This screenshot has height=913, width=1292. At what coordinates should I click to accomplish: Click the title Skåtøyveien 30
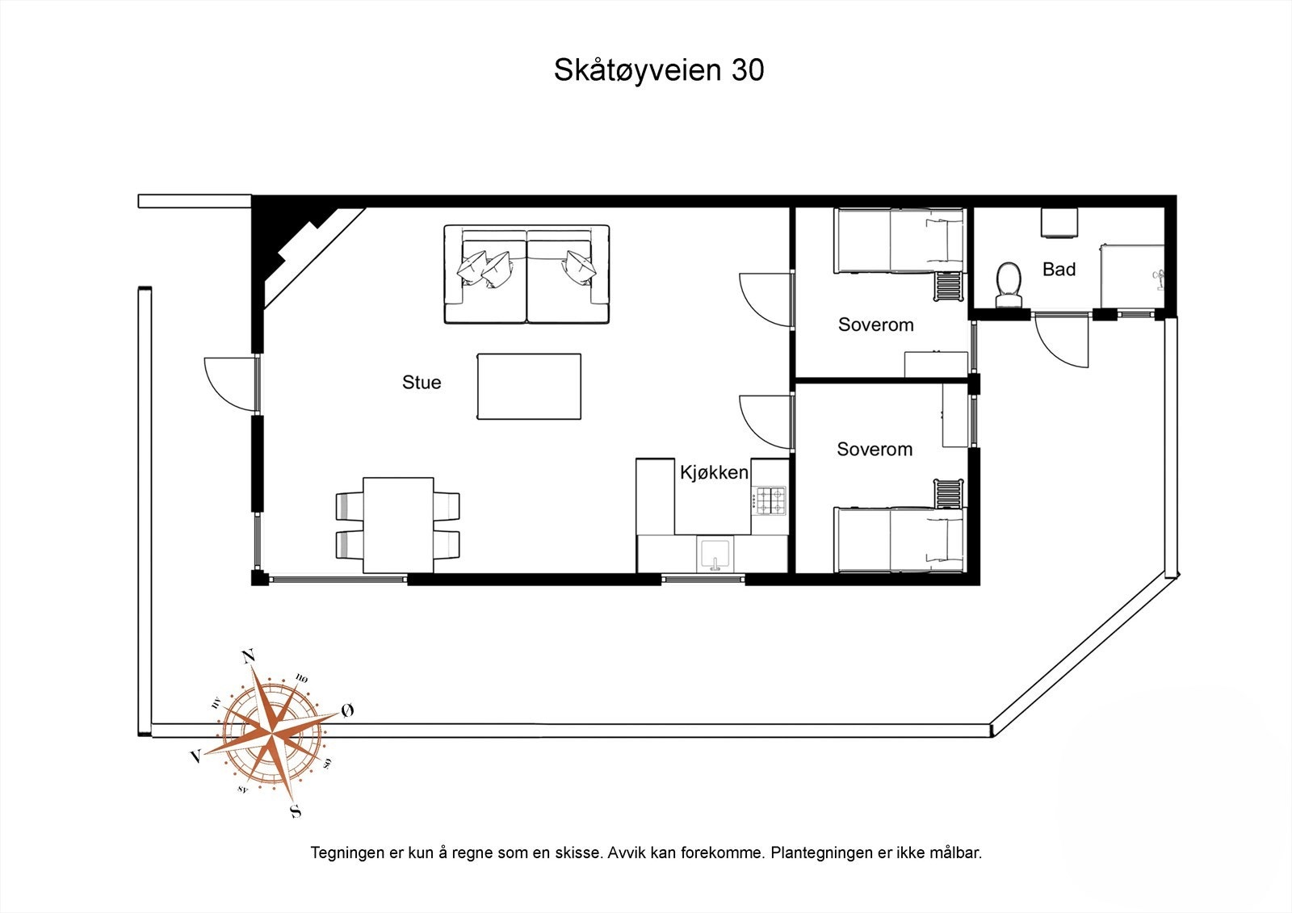click(x=658, y=70)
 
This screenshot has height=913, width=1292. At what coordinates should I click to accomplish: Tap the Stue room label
click(x=422, y=383)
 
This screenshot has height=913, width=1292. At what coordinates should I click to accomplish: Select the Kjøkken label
click(x=714, y=472)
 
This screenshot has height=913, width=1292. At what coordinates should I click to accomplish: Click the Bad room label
click(x=1059, y=270)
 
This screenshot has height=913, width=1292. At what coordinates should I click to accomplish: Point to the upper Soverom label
click(x=875, y=325)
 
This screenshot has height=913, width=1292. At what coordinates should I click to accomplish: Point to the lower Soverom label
click(x=875, y=450)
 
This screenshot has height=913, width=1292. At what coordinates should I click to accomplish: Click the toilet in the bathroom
click(x=1009, y=283)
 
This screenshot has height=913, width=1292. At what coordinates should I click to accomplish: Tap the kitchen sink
click(x=715, y=555)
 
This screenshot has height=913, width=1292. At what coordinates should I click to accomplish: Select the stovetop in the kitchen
click(x=770, y=500)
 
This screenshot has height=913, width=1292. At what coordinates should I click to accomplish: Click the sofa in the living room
click(x=526, y=274)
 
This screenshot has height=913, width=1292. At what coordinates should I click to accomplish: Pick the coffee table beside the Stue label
click(x=528, y=387)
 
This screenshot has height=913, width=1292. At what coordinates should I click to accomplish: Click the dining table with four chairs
click(x=398, y=525)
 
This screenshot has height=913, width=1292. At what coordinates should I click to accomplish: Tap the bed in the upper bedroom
click(x=899, y=240)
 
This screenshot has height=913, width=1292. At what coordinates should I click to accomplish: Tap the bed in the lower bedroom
click(x=899, y=539)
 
